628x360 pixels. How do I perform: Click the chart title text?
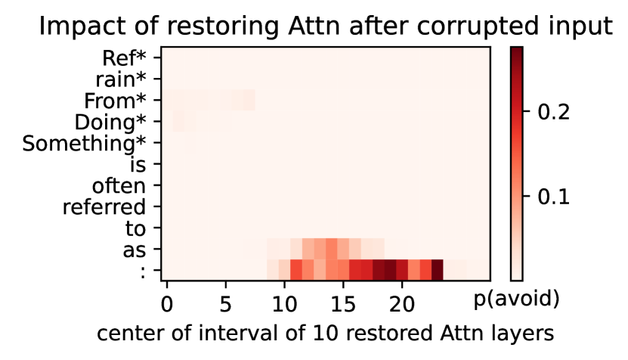326,26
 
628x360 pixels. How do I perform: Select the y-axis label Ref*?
124,58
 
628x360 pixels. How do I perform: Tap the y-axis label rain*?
121,79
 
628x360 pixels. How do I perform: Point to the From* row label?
115,101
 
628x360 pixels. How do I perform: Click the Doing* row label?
110,123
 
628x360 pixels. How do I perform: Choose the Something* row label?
84,144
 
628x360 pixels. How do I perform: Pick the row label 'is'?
138,165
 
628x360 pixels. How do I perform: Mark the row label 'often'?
119,186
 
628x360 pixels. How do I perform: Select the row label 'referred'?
104,207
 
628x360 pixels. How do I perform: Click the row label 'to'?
135,229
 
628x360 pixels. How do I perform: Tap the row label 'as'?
135,251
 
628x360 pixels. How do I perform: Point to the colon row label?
143,272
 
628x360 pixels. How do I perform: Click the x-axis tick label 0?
166,305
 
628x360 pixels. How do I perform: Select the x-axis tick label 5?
225,305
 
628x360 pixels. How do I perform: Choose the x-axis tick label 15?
343,305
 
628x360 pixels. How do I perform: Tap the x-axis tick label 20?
402,305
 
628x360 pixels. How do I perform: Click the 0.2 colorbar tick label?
553,112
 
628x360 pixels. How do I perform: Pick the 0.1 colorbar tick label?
553,197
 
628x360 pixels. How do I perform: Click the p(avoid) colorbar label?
517,299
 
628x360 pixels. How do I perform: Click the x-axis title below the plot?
325,334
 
